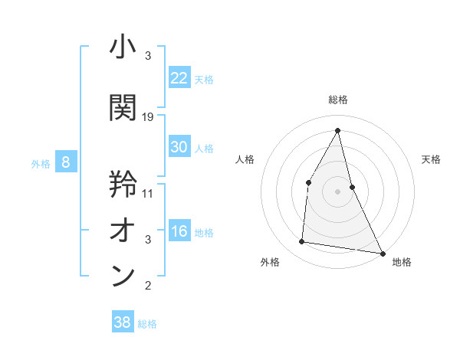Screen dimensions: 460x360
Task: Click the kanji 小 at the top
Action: pyautogui.click(x=123, y=48)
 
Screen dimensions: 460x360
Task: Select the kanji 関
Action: pyautogui.click(x=123, y=107)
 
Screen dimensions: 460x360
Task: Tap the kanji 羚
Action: pyautogui.click(x=123, y=184)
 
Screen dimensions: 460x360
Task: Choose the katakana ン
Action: pyautogui.click(x=123, y=276)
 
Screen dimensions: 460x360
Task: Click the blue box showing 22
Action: pyautogui.click(x=179, y=78)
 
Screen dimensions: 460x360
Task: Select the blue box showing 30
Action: pyautogui.click(x=179, y=147)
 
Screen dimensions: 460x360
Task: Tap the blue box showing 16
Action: pyautogui.click(x=179, y=231)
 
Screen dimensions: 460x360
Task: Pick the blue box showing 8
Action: pyautogui.click(x=66, y=162)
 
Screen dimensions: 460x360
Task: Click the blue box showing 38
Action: pyautogui.click(x=123, y=322)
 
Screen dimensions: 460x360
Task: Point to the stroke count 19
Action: pyautogui.click(x=148, y=117)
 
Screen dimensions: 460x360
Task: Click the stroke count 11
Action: pyautogui.click(x=148, y=193)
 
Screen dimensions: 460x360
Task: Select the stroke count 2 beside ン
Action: pyautogui.click(x=148, y=286)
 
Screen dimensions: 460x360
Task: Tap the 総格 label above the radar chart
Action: pyautogui.click(x=338, y=100)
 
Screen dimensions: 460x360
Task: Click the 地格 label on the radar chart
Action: pyautogui.click(x=402, y=262)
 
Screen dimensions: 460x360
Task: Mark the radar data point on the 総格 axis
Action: pyautogui.click(x=338, y=129)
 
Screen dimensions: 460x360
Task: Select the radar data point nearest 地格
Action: pyautogui.click(x=383, y=253)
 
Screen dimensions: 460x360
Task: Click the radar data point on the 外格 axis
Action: pyautogui.click(x=302, y=242)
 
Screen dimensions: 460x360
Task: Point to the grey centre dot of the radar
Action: pyautogui.click(x=338, y=191)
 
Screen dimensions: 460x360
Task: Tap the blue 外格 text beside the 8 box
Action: pyautogui.click(x=41, y=163)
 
